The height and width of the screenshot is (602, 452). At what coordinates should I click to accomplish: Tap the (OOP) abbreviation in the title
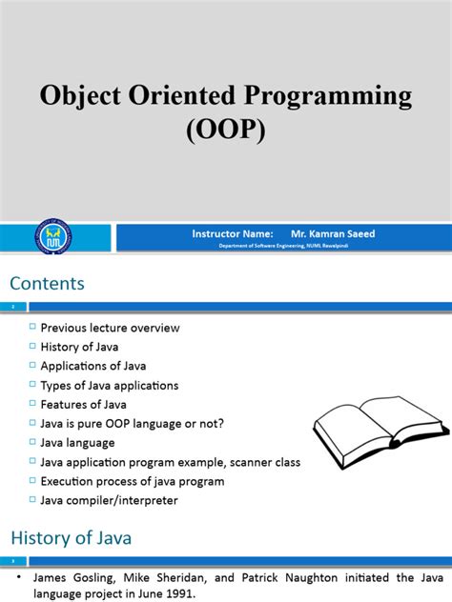[x=225, y=128]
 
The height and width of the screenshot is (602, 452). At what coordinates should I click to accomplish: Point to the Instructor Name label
[x=233, y=233]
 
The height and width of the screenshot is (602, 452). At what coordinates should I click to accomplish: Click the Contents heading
[x=48, y=283]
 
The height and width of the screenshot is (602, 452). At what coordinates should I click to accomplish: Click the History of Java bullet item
[x=80, y=347]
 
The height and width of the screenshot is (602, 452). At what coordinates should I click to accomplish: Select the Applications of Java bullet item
[x=93, y=366]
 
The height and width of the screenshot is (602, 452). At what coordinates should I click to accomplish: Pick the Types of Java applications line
[x=110, y=385]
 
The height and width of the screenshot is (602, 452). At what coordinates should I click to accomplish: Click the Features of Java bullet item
[x=83, y=404]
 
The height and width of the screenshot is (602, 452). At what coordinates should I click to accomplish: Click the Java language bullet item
[x=77, y=442]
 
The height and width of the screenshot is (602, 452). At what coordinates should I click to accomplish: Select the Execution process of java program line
[x=133, y=481]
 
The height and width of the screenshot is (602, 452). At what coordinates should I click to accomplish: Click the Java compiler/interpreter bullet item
[x=109, y=500]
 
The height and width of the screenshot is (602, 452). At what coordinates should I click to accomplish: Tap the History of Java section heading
[x=70, y=538]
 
